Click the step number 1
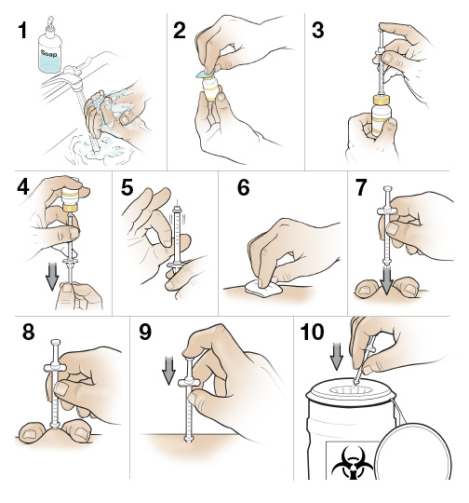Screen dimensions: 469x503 (x=22, y=31)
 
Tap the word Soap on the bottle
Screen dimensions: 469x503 (x=48, y=53)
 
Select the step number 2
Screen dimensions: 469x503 (x=180, y=31)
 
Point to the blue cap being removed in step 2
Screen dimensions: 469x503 (x=204, y=75)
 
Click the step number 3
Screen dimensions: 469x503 (x=317, y=31)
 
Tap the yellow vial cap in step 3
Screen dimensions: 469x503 (x=382, y=100)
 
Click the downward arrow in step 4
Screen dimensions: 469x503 (x=52, y=276)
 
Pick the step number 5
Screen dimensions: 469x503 (x=127, y=187)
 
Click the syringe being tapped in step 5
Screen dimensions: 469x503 (x=177, y=238)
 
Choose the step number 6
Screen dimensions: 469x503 (x=243, y=187)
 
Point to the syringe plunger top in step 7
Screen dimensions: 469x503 (x=388, y=189)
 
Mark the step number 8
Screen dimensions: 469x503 (x=28, y=332)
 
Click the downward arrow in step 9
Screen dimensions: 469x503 (x=168, y=371)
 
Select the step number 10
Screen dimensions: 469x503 (x=312, y=332)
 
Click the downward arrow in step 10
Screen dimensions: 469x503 (x=337, y=356)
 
